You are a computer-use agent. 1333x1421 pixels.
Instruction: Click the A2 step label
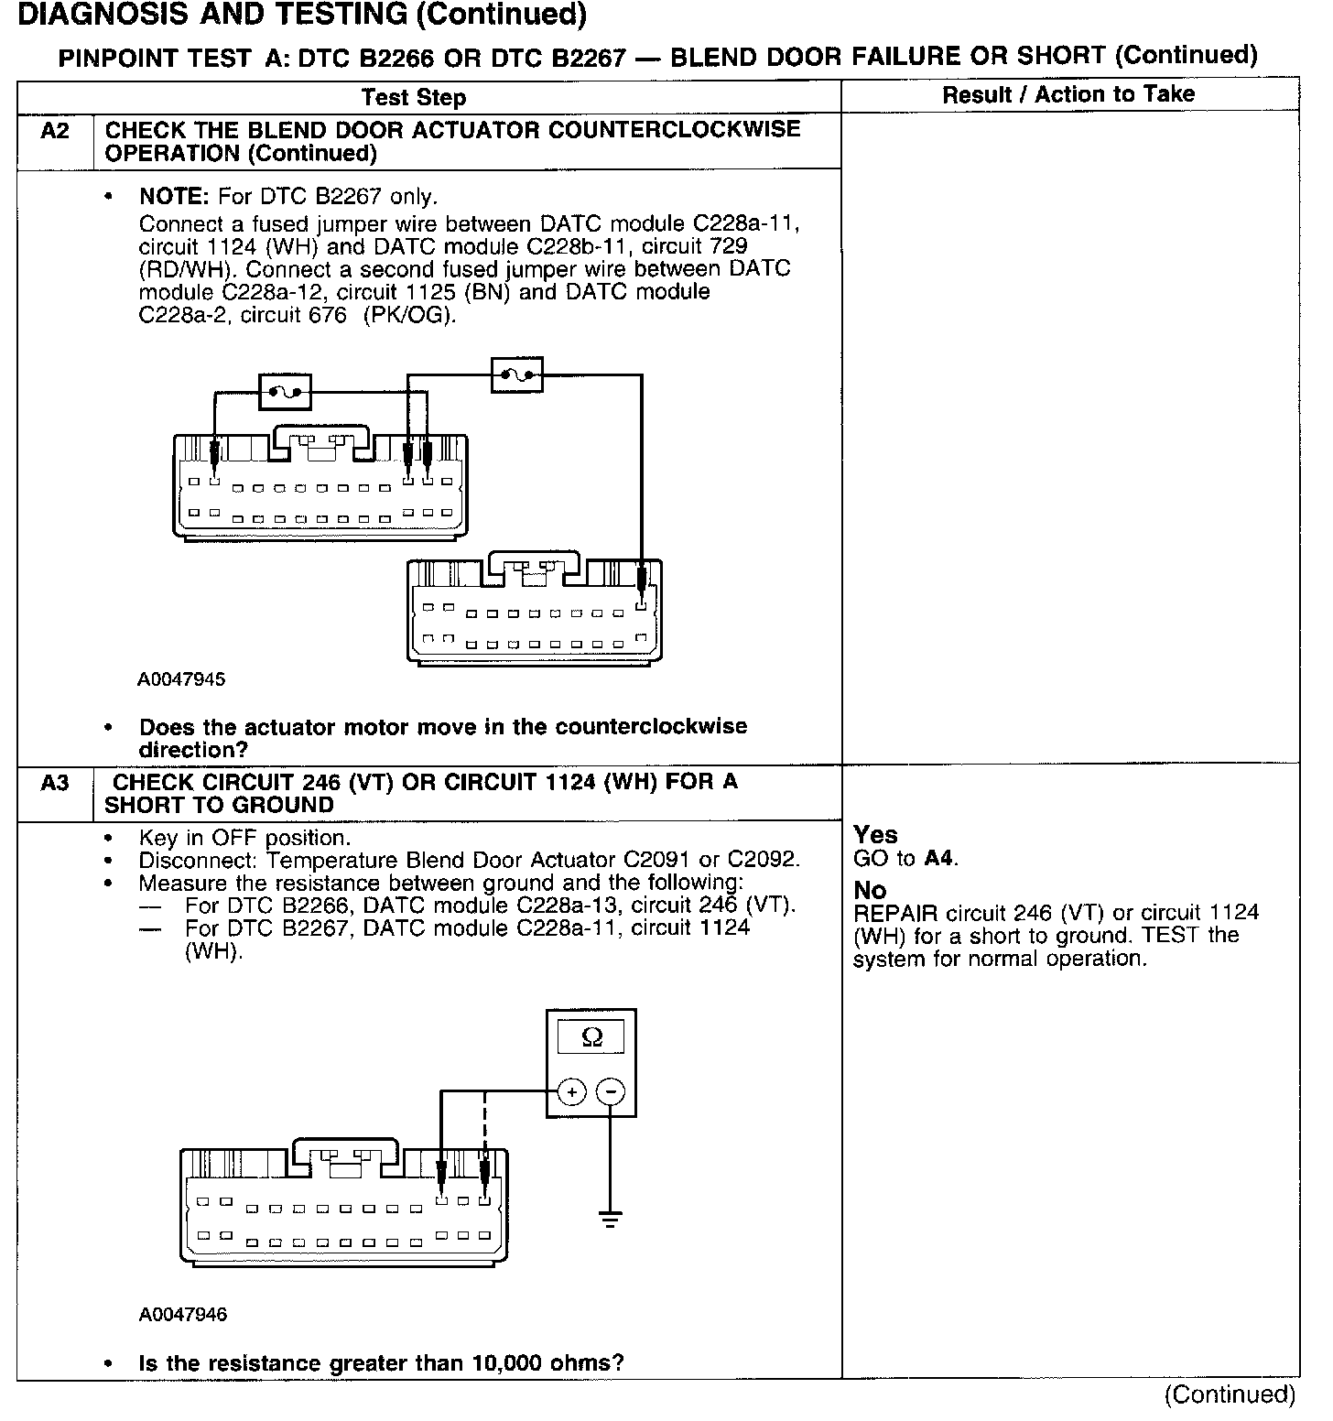55,131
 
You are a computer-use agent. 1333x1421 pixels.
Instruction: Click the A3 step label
55,783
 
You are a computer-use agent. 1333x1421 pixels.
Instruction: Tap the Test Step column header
414,98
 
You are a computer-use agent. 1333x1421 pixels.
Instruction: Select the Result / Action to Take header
1068,94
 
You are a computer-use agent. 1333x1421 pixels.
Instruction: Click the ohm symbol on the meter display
592,1037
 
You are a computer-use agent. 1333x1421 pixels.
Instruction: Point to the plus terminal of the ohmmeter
571,1091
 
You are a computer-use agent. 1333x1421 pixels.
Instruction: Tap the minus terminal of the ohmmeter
611,1091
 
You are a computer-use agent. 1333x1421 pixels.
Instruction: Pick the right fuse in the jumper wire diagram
517,374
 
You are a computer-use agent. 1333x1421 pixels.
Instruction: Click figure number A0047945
182,680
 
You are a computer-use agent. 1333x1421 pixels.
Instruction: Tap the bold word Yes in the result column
875,835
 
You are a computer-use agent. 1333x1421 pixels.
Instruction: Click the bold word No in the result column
870,890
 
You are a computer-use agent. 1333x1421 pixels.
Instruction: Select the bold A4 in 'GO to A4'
938,859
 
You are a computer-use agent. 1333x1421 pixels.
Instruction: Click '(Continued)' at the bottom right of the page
1230,1395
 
